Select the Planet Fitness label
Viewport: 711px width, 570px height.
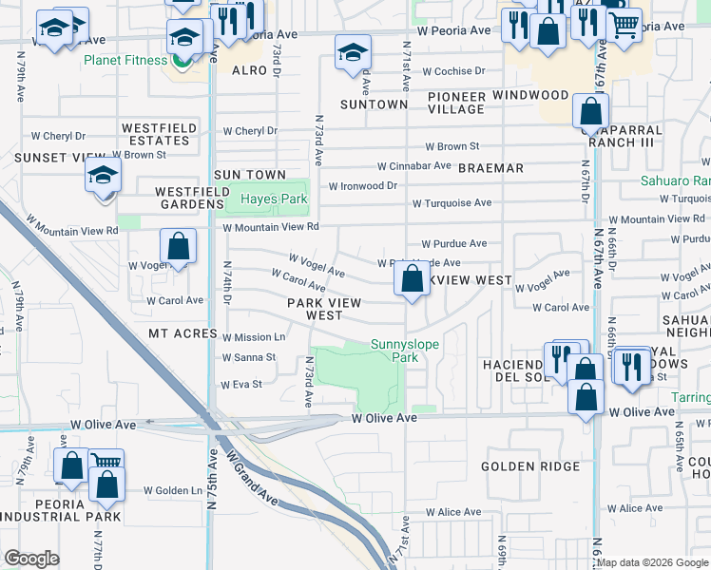124,60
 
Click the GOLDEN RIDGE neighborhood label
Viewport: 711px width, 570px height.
530,466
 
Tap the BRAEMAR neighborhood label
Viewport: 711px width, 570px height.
490,168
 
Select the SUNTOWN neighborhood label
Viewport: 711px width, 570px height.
367,104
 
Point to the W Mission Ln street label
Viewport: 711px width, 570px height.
254,337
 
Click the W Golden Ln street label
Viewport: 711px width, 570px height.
173,491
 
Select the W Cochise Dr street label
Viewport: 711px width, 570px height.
453,71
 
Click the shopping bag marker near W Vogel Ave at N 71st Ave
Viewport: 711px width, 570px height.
412,279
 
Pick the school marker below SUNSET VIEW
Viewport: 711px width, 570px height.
103,175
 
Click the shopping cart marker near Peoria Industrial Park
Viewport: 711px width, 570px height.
106,463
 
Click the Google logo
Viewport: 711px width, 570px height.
31,559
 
